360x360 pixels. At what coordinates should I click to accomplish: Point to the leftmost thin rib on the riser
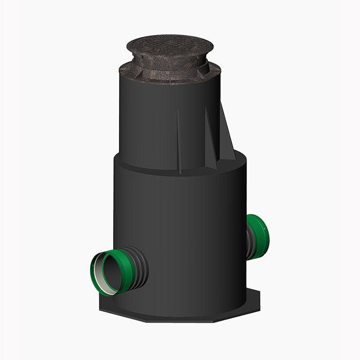coord(179,141)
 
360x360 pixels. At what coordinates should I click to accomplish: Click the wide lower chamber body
coord(187,225)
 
